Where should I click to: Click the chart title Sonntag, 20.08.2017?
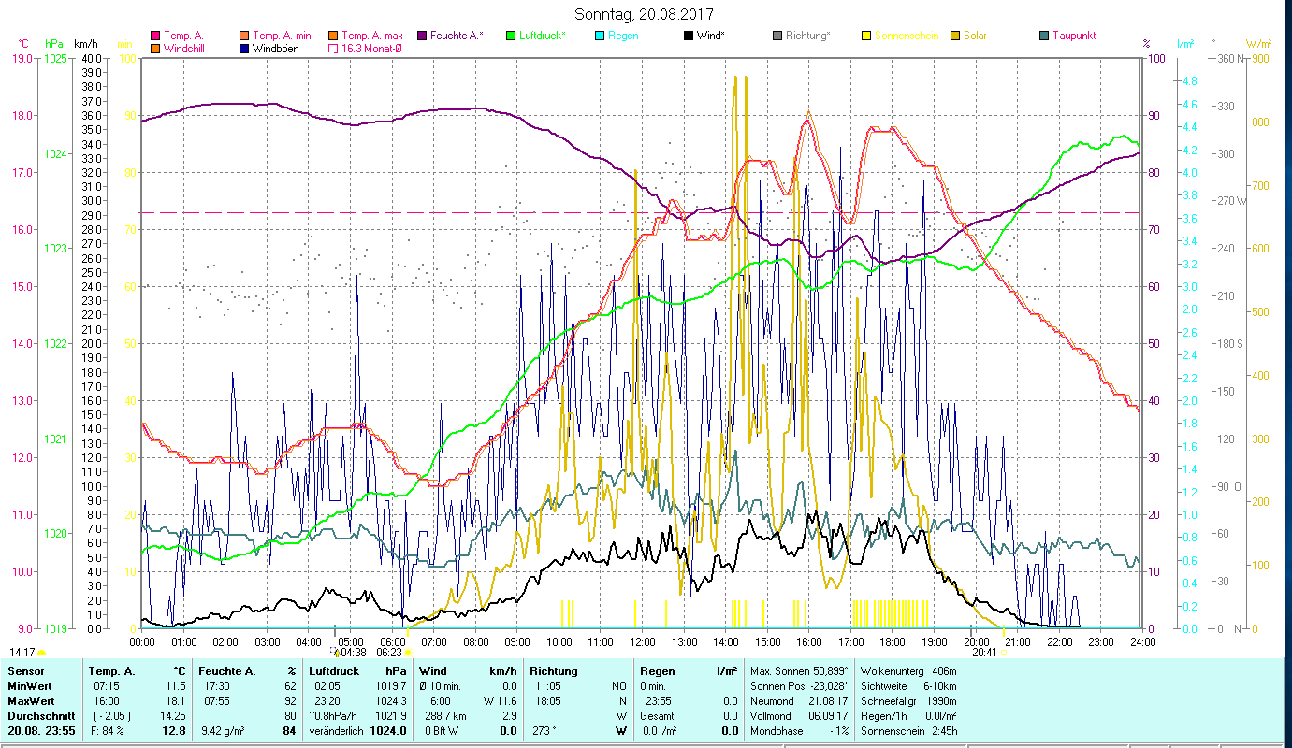[x=645, y=15]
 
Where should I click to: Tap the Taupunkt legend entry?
[x=1073, y=36]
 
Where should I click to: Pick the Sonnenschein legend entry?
[x=906, y=36]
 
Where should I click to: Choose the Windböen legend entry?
[x=274, y=48]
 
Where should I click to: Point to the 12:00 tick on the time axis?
[x=643, y=642]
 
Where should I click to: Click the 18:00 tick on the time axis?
[x=893, y=642]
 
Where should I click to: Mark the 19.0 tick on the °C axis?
[x=21, y=58]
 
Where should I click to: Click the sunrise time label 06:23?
[x=389, y=653]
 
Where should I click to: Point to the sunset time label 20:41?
[x=984, y=653]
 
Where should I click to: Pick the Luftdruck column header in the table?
[x=334, y=671]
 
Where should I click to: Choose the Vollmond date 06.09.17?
[x=830, y=715]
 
